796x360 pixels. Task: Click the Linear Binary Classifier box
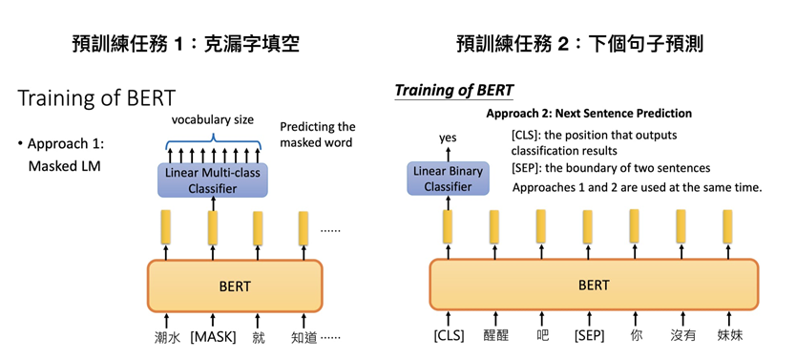[448, 179]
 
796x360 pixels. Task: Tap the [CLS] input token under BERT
[448, 335]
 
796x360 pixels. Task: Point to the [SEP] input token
[588, 335]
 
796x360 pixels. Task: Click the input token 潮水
[167, 337]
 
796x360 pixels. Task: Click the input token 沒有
[682, 335]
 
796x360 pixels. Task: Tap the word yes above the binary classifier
[448, 138]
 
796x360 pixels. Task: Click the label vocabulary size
[212, 120]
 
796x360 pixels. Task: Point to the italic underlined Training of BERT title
[454, 91]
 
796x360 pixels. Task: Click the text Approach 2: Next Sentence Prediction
[589, 113]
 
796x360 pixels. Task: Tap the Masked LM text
[64, 166]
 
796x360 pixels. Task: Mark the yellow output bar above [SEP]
[587, 227]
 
